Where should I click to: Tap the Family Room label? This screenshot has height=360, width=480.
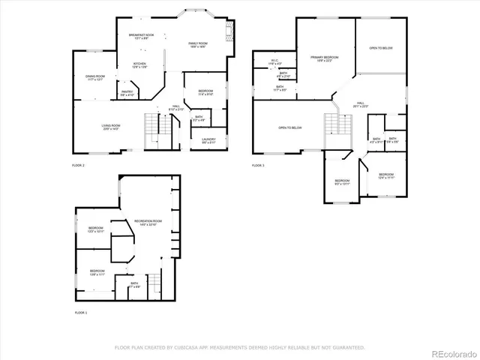197,45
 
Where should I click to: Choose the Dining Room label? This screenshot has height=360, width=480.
94,77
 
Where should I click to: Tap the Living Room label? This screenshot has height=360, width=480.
111,127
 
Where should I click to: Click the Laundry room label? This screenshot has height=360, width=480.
208,140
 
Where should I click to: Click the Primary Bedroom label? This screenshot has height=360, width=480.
325,58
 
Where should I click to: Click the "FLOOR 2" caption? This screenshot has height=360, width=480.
79,165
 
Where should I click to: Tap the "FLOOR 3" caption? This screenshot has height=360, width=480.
258,165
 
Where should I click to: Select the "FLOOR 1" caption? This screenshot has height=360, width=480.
81,312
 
